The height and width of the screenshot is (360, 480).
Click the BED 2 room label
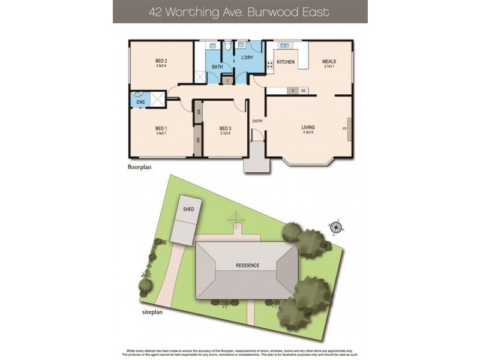161,61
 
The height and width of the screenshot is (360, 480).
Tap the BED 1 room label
161,128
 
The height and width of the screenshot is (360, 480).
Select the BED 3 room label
225,128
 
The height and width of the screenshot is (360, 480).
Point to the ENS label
140,103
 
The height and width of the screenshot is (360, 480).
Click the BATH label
217,66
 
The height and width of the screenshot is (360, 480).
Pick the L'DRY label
247,58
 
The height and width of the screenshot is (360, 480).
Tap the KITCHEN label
286,62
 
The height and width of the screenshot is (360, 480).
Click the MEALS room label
329,61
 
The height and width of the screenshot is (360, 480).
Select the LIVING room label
308,127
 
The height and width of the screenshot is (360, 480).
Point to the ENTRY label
257,121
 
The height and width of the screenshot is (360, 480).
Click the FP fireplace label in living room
344,128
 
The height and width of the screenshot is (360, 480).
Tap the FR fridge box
304,91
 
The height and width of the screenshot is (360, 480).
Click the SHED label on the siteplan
188,209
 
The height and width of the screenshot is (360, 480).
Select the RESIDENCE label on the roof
247,265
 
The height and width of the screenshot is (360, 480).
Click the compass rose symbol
337,227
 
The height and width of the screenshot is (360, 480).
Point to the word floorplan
139,167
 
